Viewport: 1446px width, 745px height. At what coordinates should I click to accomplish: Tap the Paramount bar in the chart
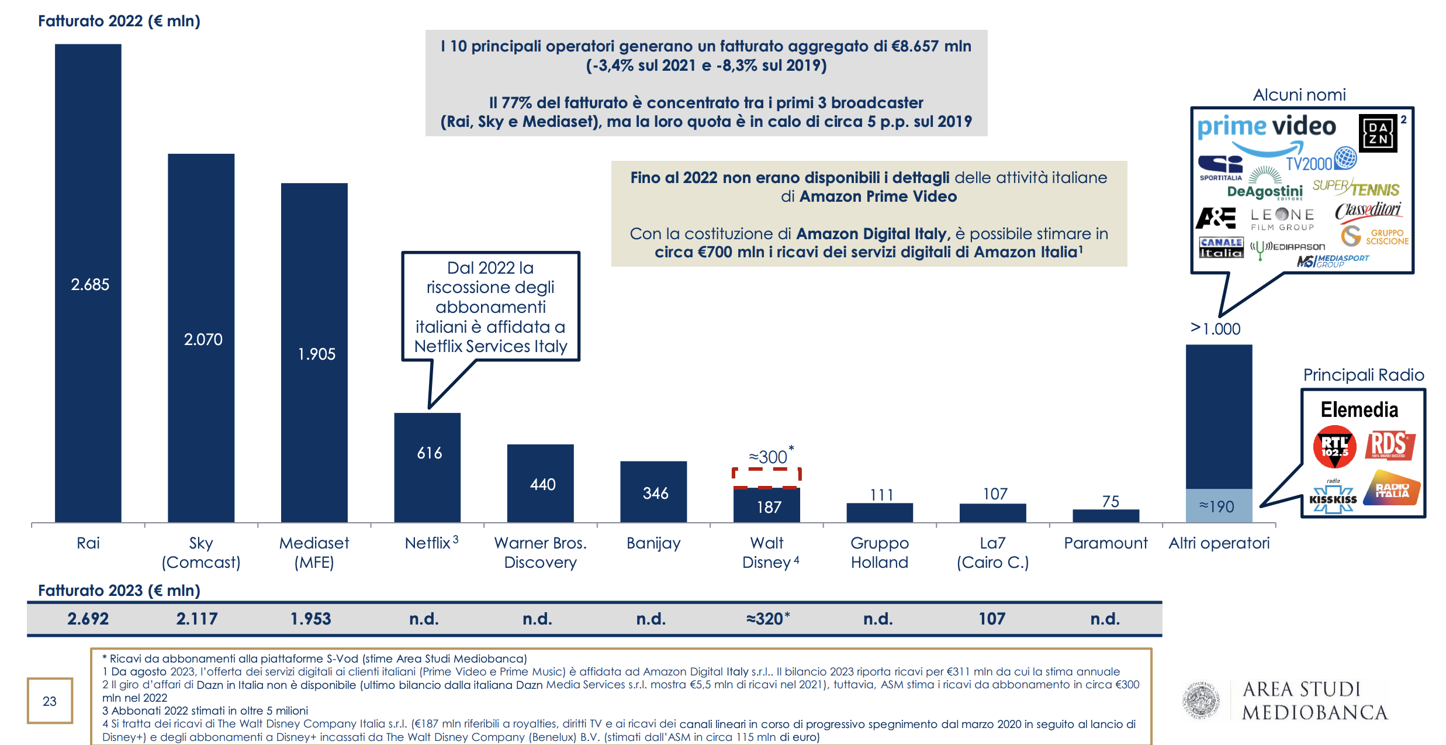pyautogui.click(x=1106, y=516)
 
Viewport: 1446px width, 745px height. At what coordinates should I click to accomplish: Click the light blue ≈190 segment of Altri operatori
pyautogui.click(x=1219, y=506)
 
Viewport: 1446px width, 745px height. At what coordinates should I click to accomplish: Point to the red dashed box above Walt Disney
pyautogui.click(x=766, y=477)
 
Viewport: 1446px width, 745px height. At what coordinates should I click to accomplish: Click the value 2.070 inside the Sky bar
pyautogui.click(x=203, y=340)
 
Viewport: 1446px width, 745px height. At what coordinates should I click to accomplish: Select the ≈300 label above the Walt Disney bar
pyautogui.click(x=768, y=457)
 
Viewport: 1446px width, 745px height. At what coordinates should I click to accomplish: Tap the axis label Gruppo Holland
pyautogui.click(x=880, y=552)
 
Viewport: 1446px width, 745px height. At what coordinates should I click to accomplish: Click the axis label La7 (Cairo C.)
pyautogui.click(x=992, y=552)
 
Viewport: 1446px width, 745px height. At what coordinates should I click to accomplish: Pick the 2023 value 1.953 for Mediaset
pyautogui.click(x=311, y=619)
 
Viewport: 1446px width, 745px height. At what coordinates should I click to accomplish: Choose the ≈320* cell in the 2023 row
pyautogui.click(x=767, y=619)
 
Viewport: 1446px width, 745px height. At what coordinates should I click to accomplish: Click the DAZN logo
pyautogui.click(x=1378, y=134)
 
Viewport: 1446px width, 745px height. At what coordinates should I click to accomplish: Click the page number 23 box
pyautogui.click(x=50, y=701)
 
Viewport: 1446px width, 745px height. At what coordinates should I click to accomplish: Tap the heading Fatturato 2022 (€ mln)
pyautogui.click(x=119, y=21)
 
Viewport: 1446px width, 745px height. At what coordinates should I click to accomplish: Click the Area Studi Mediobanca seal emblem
pyautogui.click(x=1201, y=700)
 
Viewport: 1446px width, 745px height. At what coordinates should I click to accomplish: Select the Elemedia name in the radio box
pyautogui.click(x=1359, y=410)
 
